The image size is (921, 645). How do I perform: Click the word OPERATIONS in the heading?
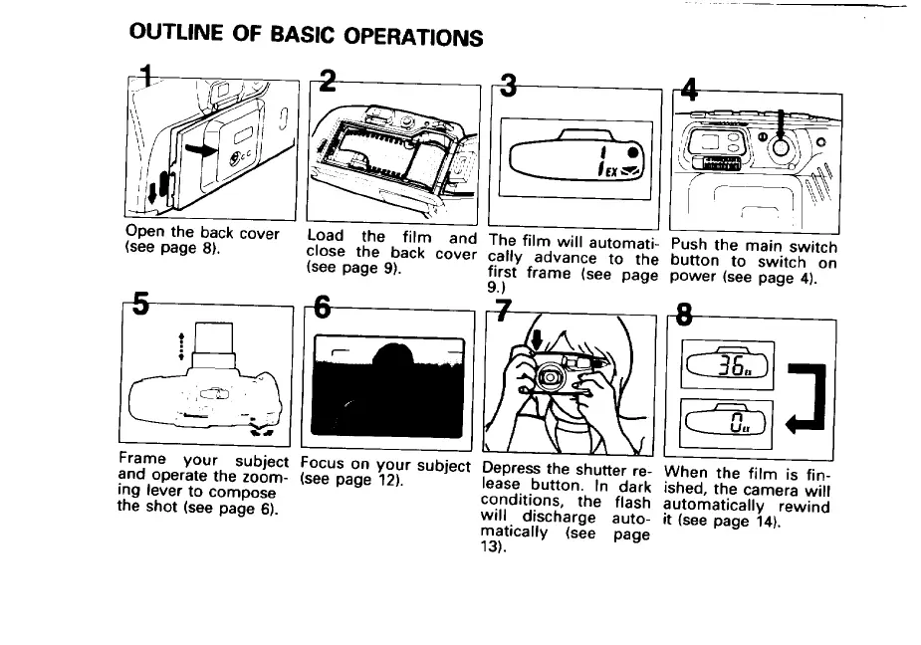tap(413, 37)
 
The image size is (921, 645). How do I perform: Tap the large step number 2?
tap(328, 81)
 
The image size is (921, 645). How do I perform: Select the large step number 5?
tap(140, 304)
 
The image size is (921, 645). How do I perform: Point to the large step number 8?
tap(684, 315)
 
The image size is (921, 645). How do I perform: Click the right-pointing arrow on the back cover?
tap(201, 149)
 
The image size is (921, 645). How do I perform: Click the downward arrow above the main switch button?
tap(781, 124)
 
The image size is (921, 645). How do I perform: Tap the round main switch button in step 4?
tap(781, 147)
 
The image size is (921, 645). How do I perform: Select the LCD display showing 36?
tap(727, 364)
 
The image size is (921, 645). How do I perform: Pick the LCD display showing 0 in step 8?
tap(726, 422)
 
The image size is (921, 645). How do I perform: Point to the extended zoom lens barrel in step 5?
tap(214, 345)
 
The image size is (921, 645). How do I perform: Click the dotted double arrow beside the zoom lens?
tap(181, 346)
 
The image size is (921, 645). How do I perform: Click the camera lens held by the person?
tap(551, 375)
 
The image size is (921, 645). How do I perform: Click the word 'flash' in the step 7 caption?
tap(633, 503)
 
